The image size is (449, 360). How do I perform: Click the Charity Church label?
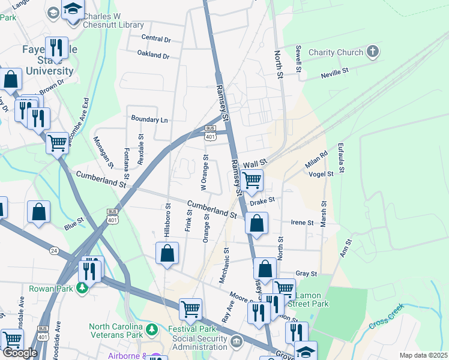(336, 53)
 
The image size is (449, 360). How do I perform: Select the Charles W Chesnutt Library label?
(113, 21)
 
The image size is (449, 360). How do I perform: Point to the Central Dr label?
(156, 38)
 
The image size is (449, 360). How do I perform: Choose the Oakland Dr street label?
(153, 55)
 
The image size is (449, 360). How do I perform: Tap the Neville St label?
(335, 73)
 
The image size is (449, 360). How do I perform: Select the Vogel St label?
(321, 174)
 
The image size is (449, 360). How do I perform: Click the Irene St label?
(302, 223)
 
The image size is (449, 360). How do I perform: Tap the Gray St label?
(306, 274)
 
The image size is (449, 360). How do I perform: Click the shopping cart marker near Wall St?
(252, 179)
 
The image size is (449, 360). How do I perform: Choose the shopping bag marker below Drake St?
(256, 223)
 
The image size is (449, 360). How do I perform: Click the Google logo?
(20, 353)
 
